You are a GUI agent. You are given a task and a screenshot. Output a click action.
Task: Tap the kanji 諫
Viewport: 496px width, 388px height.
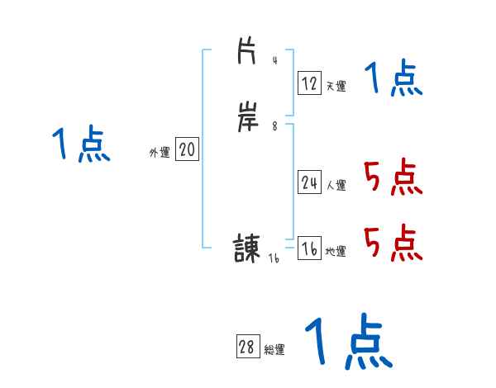click(x=247, y=248)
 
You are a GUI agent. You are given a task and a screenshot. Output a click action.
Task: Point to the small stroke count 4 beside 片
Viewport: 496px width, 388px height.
click(x=274, y=61)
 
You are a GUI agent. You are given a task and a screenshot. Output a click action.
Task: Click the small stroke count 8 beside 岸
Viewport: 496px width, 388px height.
click(x=274, y=125)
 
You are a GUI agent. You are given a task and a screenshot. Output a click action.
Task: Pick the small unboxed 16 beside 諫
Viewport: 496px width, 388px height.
click(x=274, y=258)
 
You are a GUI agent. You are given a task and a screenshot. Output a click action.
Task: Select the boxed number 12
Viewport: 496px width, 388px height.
click(x=310, y=83)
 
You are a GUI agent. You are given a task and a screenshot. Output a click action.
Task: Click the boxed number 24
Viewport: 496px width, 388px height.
click(x=310, y=182)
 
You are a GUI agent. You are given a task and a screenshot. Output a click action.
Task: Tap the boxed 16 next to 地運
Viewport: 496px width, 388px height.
click(x=310, y=248)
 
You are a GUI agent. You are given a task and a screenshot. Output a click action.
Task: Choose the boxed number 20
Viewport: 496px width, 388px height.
click(x=187, y=149)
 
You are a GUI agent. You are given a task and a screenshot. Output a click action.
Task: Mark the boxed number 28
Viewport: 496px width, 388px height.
click(x=247, y=348)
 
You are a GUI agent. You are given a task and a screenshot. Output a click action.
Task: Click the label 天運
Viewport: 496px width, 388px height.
click(x=336, y=86)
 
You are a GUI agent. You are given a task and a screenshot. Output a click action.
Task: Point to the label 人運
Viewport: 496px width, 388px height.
click(x=336, y=186)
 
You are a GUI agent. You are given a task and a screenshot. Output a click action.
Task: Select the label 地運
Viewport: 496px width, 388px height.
click(x=336, y=252)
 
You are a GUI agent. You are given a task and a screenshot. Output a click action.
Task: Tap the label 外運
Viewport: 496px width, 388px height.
click(x=160, y=153)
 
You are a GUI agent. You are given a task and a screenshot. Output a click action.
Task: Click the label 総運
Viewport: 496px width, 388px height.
click(x=274, y=350)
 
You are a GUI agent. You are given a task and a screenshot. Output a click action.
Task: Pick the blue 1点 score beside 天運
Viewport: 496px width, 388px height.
click(x=393, y=80)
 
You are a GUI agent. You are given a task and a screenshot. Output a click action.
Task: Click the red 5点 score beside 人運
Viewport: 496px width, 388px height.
click(x=393, y=177)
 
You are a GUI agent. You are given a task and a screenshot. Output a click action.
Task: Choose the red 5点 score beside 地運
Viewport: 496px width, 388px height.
click(x=393, y=242)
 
